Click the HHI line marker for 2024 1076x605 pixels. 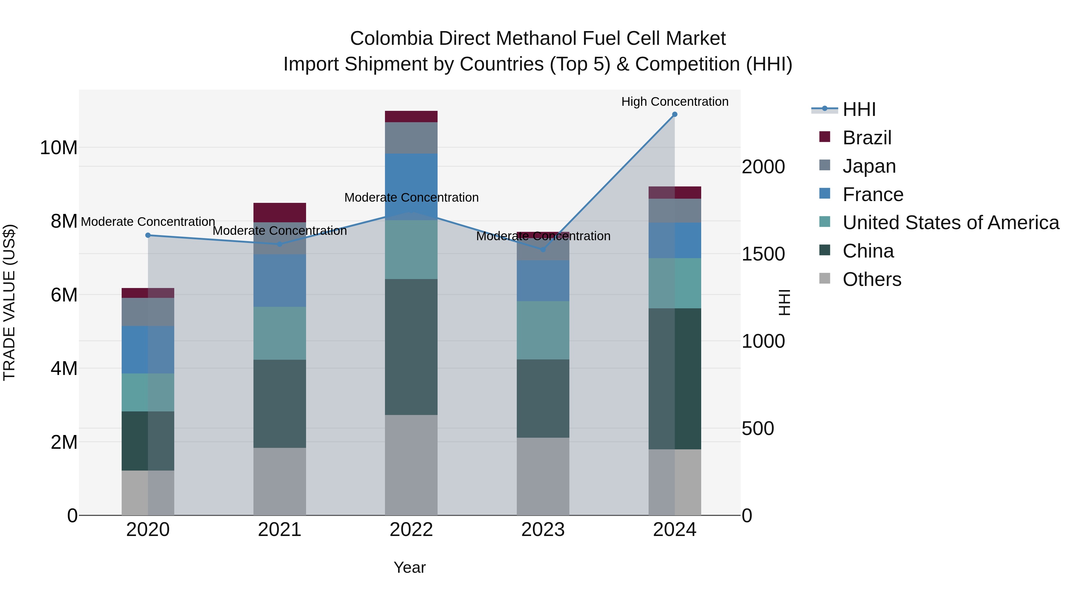[x=675, y=114]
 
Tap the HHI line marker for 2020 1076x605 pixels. [x=148, y=235]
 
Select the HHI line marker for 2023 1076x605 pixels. [x=543, y=250]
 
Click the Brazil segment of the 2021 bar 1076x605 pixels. [x=279, y=212]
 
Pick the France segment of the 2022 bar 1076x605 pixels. [x=411, y=187]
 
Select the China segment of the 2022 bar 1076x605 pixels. [x=411, y=347]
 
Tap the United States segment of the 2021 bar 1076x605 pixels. [x=279, y=333]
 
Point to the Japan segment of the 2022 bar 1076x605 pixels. [x=411, y=138]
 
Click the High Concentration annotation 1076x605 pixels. [x=675, y=102]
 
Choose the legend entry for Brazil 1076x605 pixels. [x=867, y=138]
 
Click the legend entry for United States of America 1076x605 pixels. [x=950, y=223]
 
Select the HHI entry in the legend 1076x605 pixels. [x=859, y=109]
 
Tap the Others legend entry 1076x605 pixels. [x=872, y=279]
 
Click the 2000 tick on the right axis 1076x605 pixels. [x=763, y=167]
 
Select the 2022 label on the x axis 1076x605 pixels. [x=411, y=530]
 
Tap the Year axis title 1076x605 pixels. [x=409, y=567]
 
